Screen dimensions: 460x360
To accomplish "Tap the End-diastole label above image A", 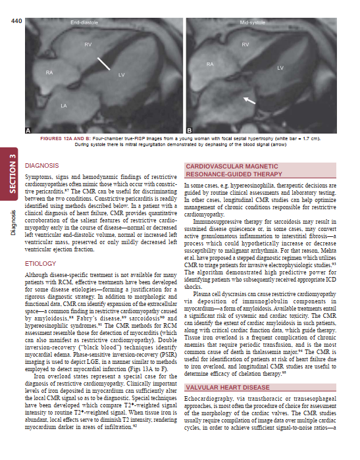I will pyautogui.click(x=85, y=24).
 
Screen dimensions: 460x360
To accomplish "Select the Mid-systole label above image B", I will pyautogui.click(x=252, y=23).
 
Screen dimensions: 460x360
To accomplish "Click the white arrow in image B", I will pyautogui.click(x=248, y=100).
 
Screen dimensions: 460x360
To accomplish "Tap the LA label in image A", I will pyautogui.click(x=64, y=105).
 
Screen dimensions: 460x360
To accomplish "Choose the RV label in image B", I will pyautogui.click(x=245, y=44).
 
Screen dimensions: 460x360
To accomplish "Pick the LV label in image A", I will pyautogui.click(x=122, y=76).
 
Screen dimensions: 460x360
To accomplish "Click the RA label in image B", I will pyautogui.click(x=211, y=64).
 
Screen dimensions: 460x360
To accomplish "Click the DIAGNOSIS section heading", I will pyautogui.click(x=42, y=165).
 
